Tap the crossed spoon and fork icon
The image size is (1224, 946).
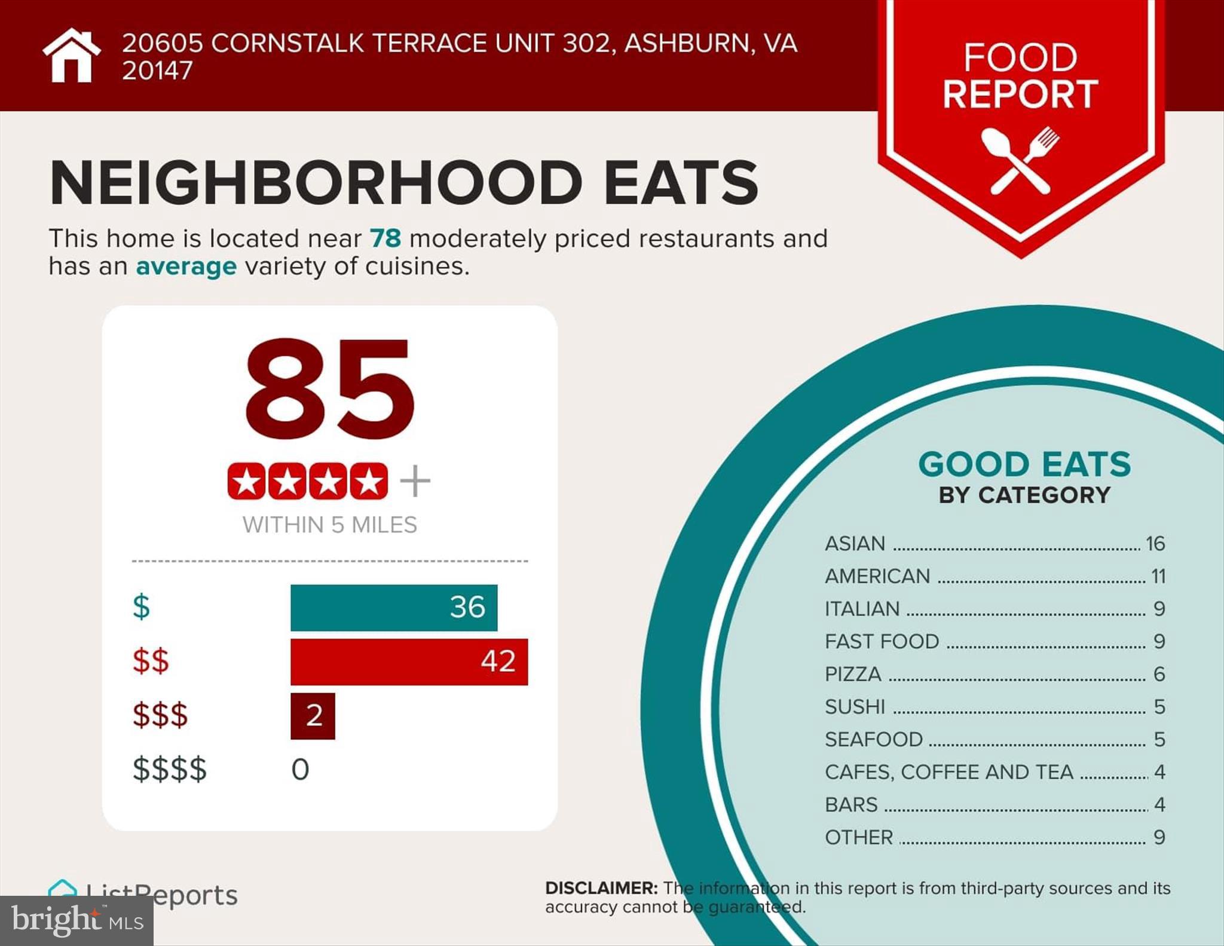tap(1020, 160)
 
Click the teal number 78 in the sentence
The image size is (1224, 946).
tap(385, 238)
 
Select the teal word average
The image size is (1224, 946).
tap(186, 267)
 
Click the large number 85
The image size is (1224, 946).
tap(330, 388)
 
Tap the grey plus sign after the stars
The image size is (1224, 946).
tap(415, 481)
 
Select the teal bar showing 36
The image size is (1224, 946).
tap(394, 608)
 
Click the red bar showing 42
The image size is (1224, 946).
tap(409, 662)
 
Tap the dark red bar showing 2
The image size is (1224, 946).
tap(313, 716)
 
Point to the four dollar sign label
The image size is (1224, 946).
tap(170, 770)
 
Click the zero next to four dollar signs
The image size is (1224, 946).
tap(300, 770)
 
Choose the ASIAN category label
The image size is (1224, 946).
tap(855, 544)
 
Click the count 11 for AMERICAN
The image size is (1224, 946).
tap(1158, 577)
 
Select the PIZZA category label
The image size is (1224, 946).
tap(853, 675)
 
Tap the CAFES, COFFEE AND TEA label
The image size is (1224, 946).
tap(949, 773)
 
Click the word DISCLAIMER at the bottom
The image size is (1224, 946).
tap(601, 889)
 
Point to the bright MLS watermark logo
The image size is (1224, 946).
tap(77, 921)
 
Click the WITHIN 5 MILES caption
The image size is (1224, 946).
tap(330, 525)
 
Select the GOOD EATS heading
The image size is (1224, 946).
tap(1024, 464)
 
